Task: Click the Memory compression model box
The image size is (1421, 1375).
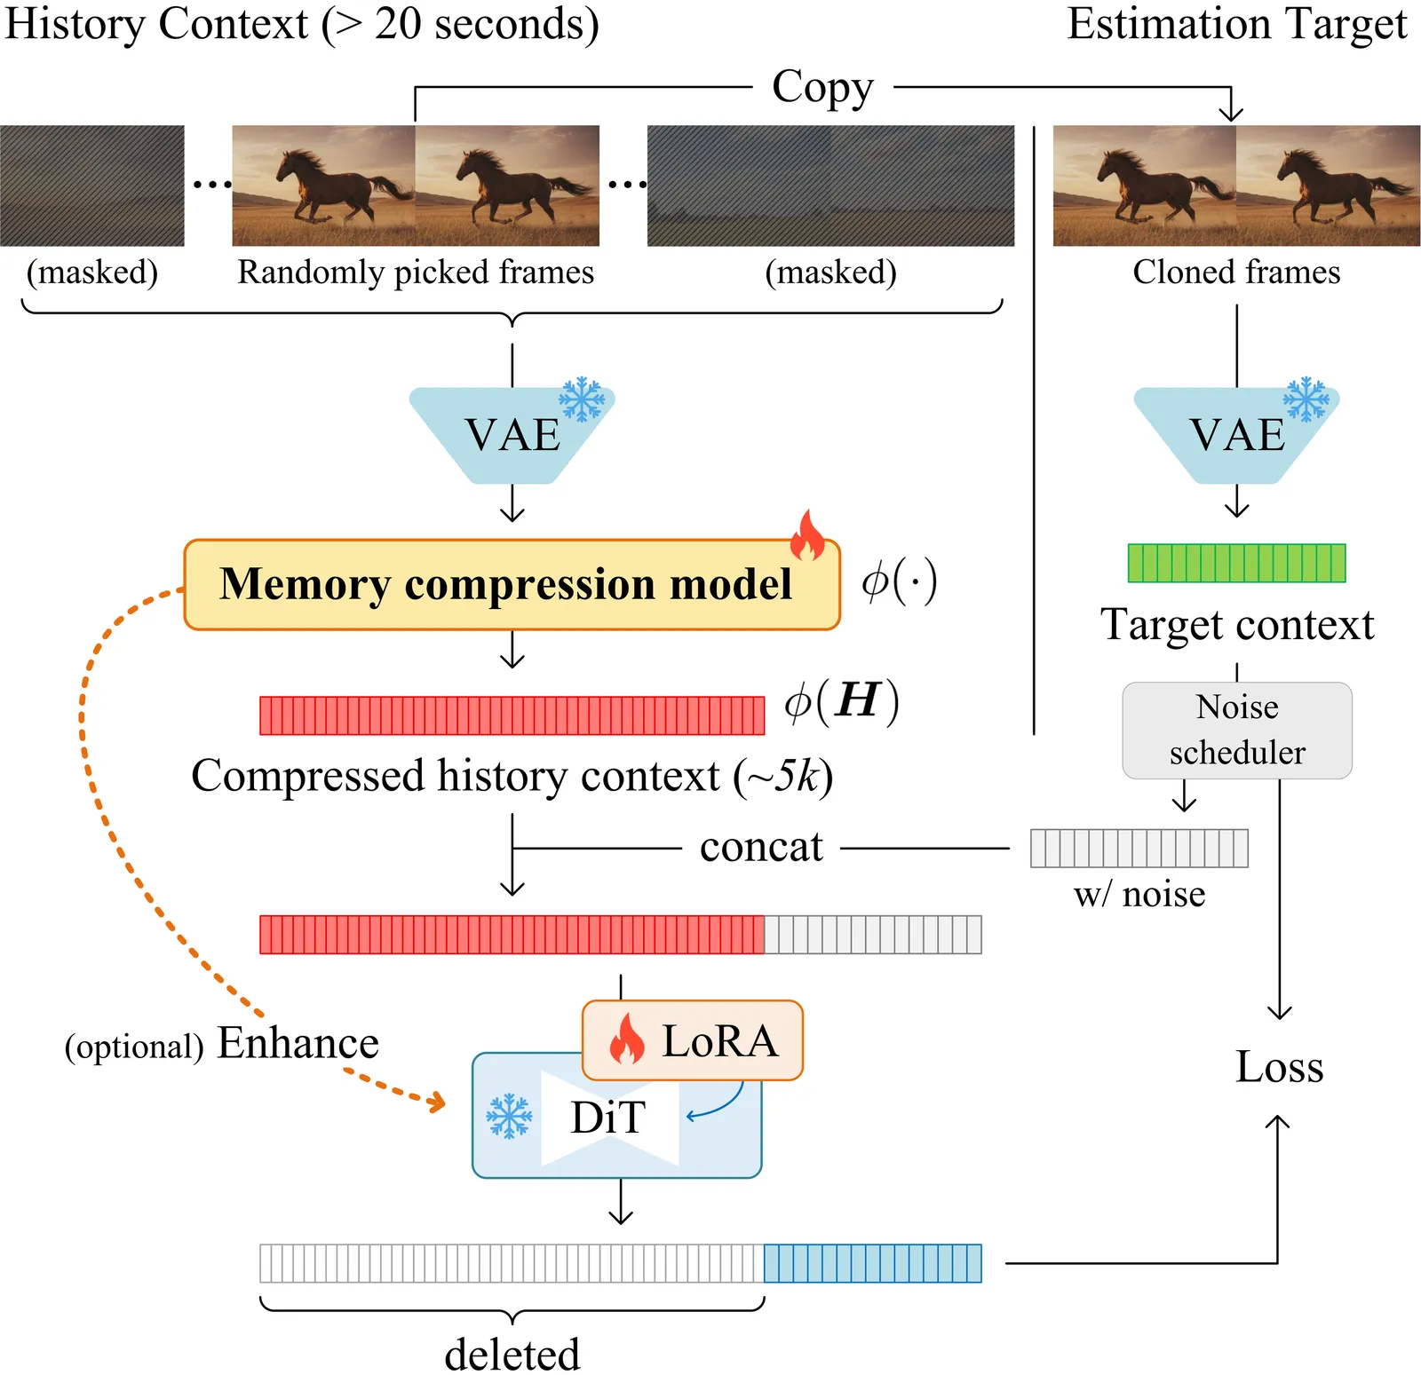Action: (511, 585)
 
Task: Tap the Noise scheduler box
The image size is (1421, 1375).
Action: (1236, 730)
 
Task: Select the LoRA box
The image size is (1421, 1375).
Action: (693, 1040)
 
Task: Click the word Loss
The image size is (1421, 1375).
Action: (1279, 1067)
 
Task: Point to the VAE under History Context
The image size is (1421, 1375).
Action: (512, 435)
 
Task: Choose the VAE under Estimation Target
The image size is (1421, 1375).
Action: (1236, 435)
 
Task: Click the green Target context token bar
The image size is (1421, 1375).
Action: (1236, 563)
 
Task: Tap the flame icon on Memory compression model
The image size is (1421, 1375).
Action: (807, 535)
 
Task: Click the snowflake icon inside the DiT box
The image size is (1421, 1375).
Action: (509, 1116)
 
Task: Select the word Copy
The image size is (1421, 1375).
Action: (822, 87)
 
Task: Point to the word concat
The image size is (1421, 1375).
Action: (761, 847)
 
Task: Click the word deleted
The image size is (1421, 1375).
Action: (512, 1355)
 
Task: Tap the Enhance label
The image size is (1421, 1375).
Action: (298, 1043)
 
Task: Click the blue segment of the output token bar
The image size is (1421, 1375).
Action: (872, 1263)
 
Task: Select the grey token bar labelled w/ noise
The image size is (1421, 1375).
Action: (1139, 848)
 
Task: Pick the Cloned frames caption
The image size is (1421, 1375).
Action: (1236, 272)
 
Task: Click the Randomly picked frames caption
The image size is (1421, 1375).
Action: (416, 272)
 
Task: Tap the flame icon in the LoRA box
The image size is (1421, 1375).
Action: (627, 1039)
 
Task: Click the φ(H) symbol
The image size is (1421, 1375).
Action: (841, 701)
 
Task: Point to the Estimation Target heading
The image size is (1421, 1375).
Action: (1236, 24)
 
